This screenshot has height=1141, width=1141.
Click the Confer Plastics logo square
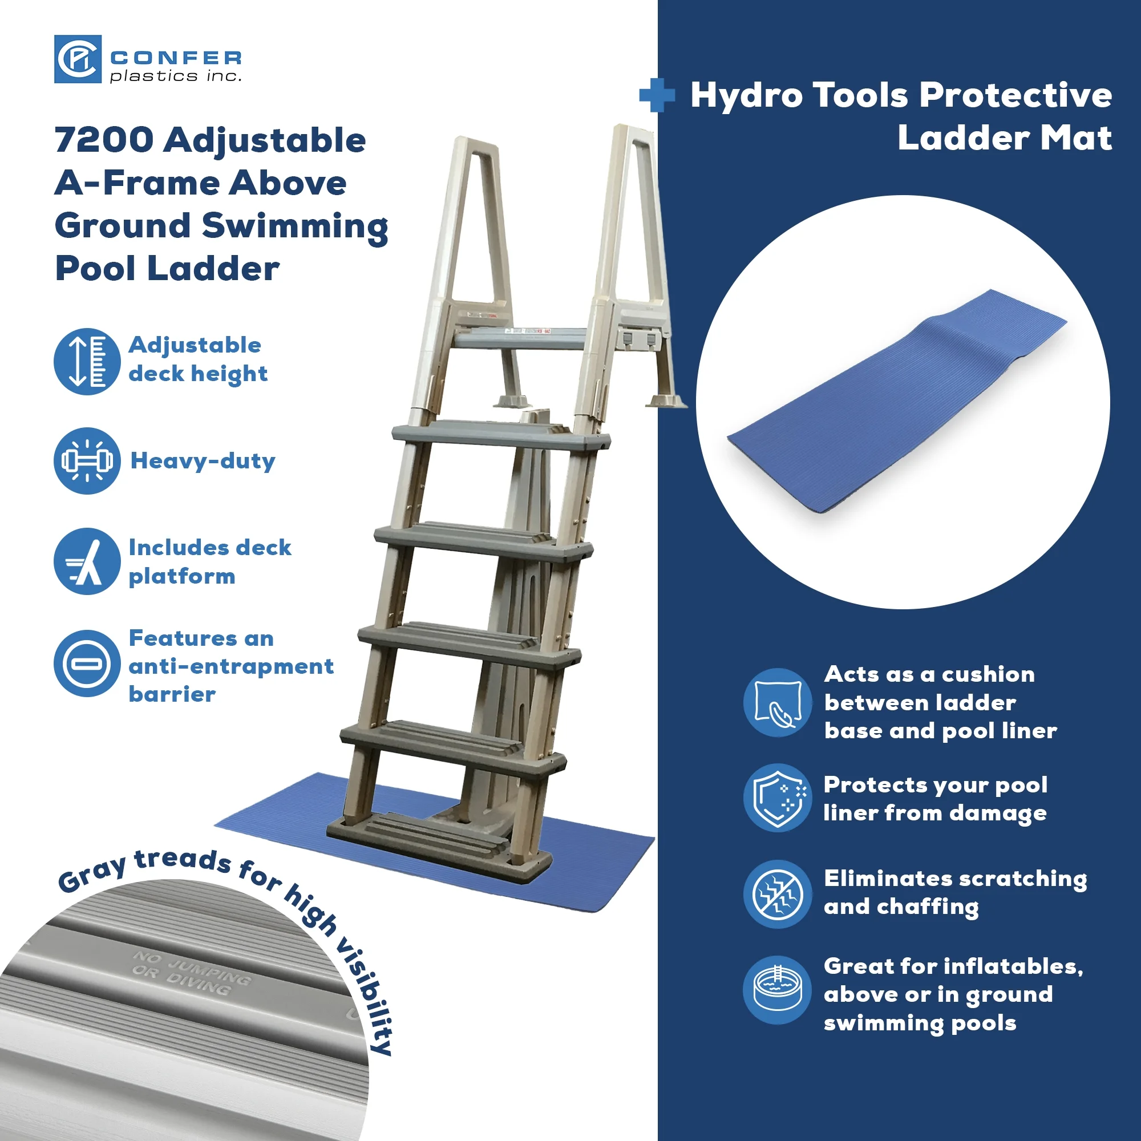pos(78,59)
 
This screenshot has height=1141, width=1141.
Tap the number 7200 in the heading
pos(104,140)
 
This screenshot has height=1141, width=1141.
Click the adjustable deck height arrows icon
pos(87,362)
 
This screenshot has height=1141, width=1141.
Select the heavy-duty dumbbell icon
pos(87,460)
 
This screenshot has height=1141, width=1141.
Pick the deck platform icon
pos(87,561)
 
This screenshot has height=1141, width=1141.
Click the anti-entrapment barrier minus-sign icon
pos(87,663)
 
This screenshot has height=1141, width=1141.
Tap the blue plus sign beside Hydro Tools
pos(657,95)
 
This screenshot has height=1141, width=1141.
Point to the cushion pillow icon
pos(778,702)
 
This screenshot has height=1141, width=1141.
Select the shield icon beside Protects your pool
pos(778,798)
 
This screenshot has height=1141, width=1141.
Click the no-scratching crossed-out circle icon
pos(778,893)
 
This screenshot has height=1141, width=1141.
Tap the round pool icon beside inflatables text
pos(778,990)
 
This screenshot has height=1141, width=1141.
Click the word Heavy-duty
pos(203,460)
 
